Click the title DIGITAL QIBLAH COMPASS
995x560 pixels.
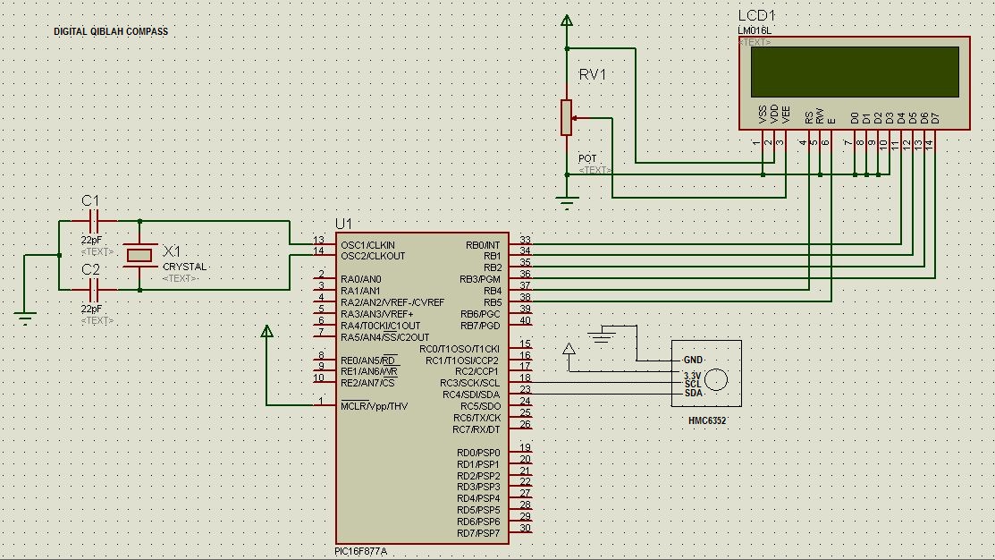(110, 31)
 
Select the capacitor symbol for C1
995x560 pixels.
(92, 220)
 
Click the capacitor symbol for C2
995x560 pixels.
(92, 289)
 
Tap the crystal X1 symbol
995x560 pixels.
(140, 255)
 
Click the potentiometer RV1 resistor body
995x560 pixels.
(566, 117)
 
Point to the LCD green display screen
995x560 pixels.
(854, 72)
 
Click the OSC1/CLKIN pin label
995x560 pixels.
(367, 245)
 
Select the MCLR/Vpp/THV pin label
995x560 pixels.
(374, 406)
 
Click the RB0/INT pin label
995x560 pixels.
(483, 245)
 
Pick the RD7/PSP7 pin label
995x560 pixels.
(478, 533)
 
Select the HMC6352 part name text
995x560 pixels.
(706, 420)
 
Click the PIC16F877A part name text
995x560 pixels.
(360, 551)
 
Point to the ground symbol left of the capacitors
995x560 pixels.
(25, 315)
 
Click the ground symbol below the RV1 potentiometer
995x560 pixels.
(566, 201)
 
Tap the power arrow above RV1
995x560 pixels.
(566, 20)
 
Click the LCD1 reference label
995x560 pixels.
(756, 16)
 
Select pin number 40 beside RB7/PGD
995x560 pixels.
(525, 321)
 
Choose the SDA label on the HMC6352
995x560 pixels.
(693, 394)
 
